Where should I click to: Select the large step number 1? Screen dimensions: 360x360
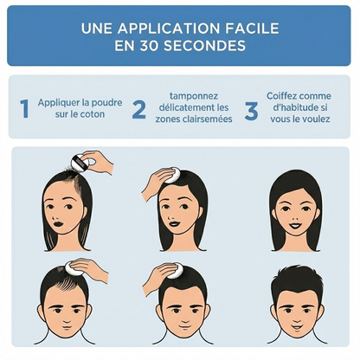(25, 109)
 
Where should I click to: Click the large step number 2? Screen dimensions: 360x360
(139, 109)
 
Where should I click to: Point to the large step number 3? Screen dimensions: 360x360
(251, 111)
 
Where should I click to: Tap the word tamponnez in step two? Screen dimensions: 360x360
(194, 96)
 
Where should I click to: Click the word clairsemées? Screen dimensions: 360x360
(207, 119)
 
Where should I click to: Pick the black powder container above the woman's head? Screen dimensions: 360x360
(80, 163)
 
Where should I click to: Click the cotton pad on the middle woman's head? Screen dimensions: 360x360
(173, 175)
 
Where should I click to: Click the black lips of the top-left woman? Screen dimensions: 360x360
(59, 224)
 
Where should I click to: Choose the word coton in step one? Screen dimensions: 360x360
(92, 114)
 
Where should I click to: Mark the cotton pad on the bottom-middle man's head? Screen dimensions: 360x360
(175, 271)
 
